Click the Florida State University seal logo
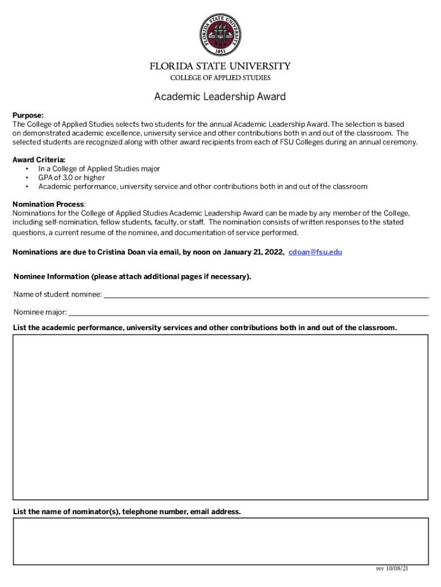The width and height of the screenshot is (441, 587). [x=220, y=33]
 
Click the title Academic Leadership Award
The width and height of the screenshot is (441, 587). [x=220, y=97]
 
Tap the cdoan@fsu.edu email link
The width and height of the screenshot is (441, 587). [x=315, y=252]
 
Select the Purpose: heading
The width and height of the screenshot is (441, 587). [x=28, y=116]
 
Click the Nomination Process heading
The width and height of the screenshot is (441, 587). [x=49, y=205]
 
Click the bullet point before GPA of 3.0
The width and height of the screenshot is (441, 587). [x=27, y=178]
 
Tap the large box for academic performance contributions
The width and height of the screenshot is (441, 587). [x=220, y=417]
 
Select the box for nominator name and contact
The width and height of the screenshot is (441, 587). [x=220, y=541]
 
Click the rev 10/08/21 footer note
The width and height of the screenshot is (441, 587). [x=392, y=569]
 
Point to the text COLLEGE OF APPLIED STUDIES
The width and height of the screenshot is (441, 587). [x=220, y=78]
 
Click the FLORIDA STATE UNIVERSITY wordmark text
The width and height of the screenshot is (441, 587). [x=220, y=66]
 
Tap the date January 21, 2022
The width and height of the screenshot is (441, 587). [x=251, y=252]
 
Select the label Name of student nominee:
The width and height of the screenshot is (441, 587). [x=58, y=295]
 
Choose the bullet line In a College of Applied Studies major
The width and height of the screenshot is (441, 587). [x=99, y=169]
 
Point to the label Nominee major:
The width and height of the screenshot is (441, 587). [x=40, y=312]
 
